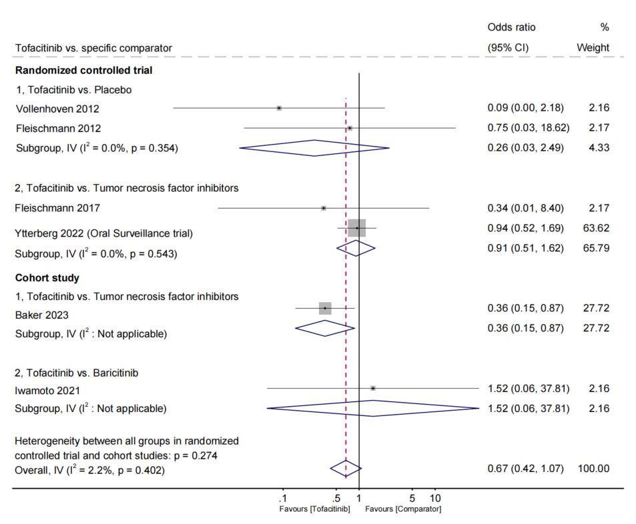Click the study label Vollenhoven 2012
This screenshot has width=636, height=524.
tap(57, 109)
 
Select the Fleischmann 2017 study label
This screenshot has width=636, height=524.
tap(57, 208)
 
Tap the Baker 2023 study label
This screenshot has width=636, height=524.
tap(42, 315)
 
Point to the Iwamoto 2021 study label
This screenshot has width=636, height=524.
tap(48, 391)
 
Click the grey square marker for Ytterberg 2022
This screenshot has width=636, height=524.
tap(357, 228)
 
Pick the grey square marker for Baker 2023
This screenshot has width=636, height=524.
tap(325, 308)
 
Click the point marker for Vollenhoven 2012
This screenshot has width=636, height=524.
tap(279, 108)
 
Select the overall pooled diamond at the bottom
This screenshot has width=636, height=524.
tap(345, 469)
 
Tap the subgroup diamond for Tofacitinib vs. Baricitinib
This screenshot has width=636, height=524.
tap(372, 408)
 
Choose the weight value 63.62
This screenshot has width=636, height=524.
tap(596, 228)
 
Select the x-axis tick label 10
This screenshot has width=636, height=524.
tap(434, 499)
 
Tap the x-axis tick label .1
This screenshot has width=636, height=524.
tap(282, 499)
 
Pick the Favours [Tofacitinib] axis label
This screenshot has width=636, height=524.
tap(314, 509)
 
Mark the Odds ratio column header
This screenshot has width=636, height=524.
tap(511, 27)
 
